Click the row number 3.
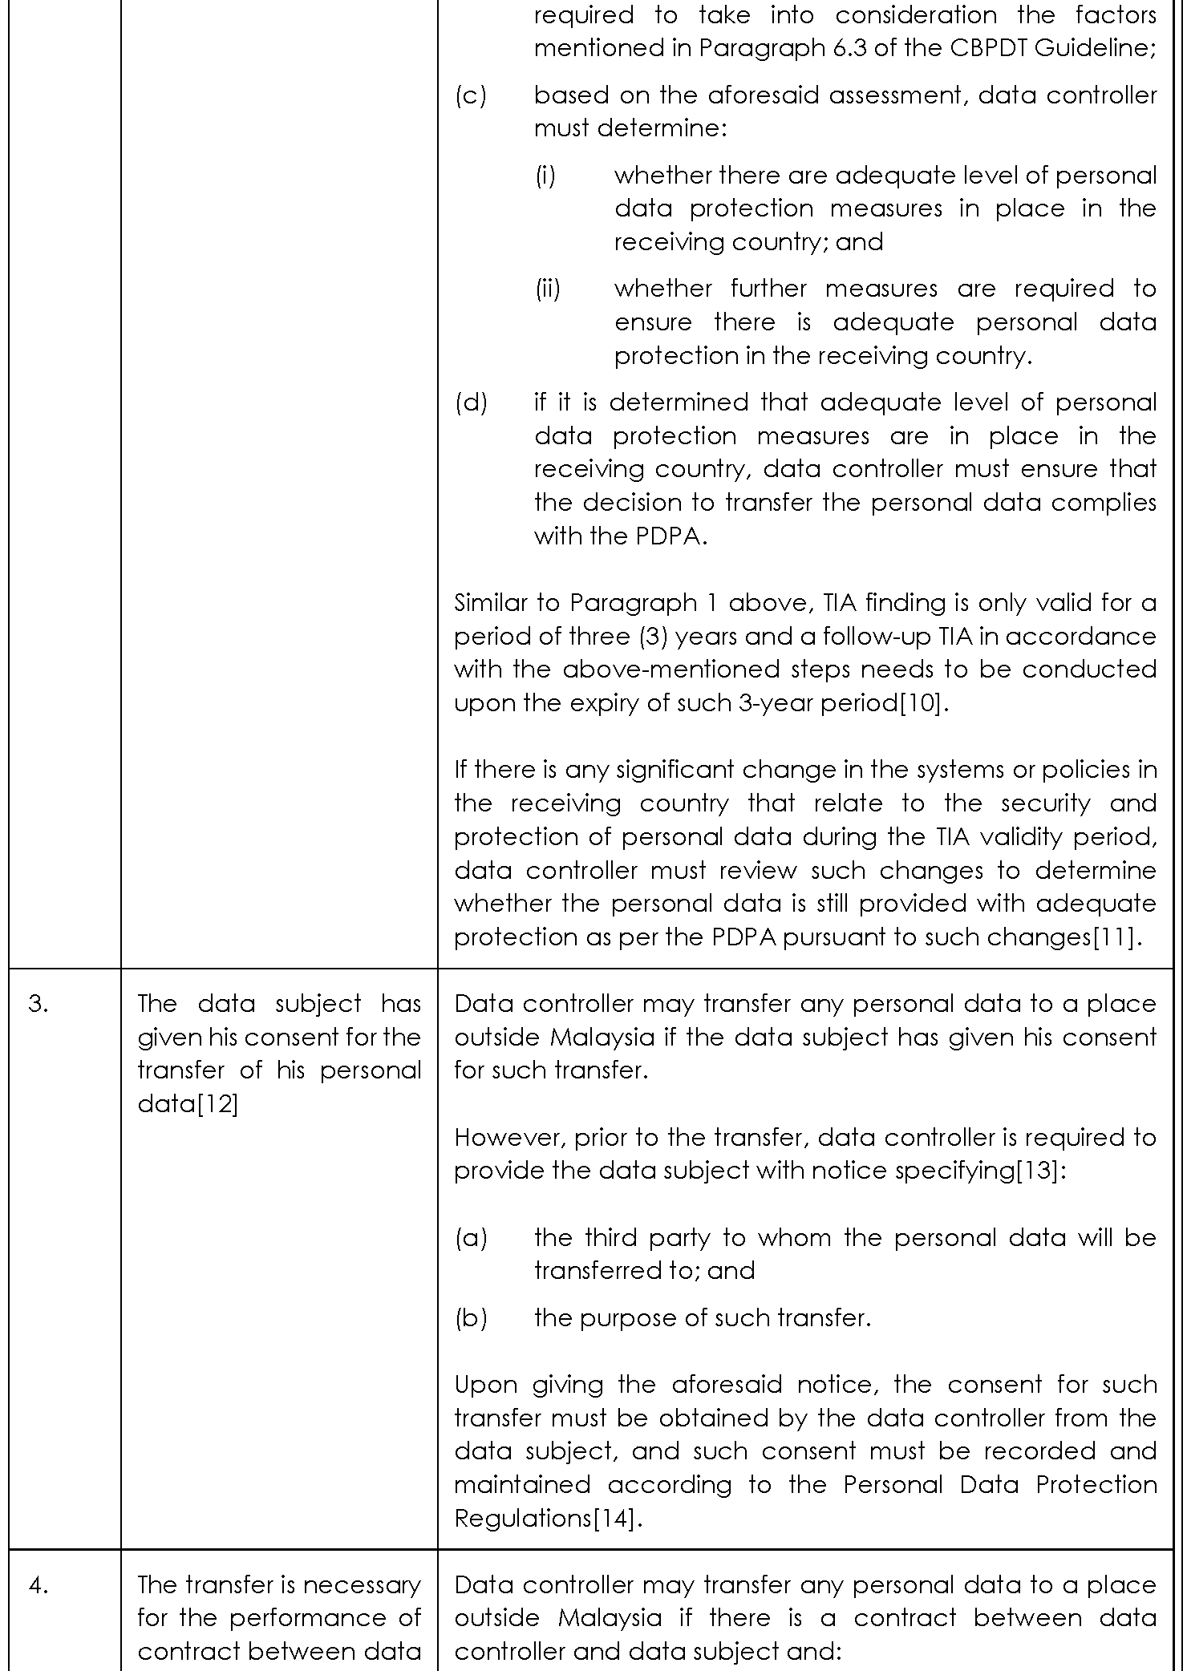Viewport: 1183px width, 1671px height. tap(38, 1004)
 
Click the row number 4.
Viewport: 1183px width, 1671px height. tap(38, 1584)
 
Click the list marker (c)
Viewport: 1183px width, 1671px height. tap(471, 95)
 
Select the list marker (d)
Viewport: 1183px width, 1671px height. tap(471, 402)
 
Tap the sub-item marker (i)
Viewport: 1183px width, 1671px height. tap(545, 175)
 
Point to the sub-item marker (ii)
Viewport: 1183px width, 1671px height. tap(548, 289)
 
